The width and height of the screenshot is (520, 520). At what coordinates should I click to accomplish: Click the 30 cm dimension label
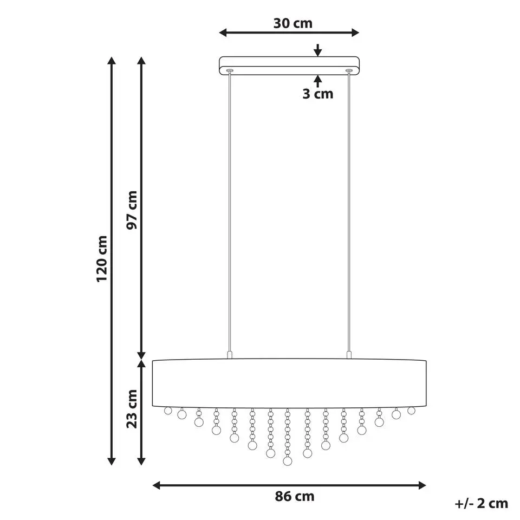coord(293,23)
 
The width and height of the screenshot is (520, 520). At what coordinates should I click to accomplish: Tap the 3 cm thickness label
coord(318,94)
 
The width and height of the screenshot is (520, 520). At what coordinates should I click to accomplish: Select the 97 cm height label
coord(132,210)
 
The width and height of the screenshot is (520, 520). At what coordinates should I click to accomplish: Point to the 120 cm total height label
coord(102,259)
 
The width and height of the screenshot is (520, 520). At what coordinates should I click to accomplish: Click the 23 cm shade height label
coord(132,409)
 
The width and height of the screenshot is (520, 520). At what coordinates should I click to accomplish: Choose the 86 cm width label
coord(295,497)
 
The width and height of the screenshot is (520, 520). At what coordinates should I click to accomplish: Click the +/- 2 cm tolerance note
coord(481,503)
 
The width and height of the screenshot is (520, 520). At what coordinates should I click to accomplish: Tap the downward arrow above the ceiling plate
coord(318,50)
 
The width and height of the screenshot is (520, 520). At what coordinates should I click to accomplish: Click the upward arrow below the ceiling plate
coord(318,81)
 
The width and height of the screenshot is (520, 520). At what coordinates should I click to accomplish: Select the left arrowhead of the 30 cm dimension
coord(223,32)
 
